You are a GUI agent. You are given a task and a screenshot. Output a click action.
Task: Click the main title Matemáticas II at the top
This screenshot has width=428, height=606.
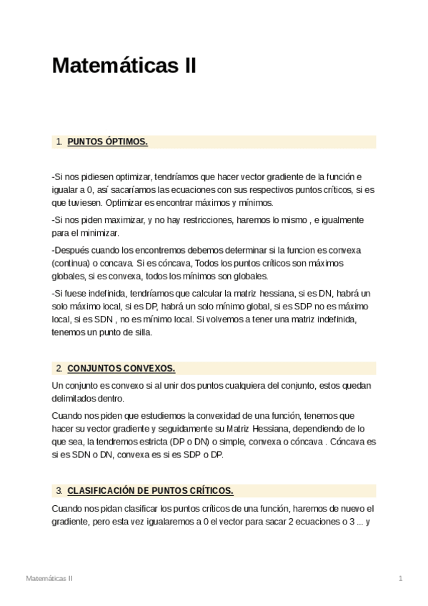[x=124, y=66]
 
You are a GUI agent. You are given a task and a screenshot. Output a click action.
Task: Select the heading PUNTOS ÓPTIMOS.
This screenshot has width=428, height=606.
[x=107, y=141]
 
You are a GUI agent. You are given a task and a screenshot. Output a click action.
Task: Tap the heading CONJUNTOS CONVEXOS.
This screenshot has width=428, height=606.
[x=121, y=369]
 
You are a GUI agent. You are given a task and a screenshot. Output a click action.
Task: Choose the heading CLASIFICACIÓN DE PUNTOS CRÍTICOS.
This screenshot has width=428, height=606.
[x=150, y=491]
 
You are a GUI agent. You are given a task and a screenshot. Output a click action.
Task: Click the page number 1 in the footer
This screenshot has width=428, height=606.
[x=401, y=577]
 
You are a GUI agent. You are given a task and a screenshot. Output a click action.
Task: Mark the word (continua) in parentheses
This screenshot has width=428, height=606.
[x=71, y=263]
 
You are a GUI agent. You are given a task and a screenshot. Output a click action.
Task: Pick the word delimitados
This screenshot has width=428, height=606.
[x=75, y=399]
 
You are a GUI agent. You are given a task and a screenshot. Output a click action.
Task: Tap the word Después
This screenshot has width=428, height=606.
[x=71, y=250]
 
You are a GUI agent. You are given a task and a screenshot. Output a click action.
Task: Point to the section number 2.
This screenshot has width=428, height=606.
[x=58, y=369]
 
